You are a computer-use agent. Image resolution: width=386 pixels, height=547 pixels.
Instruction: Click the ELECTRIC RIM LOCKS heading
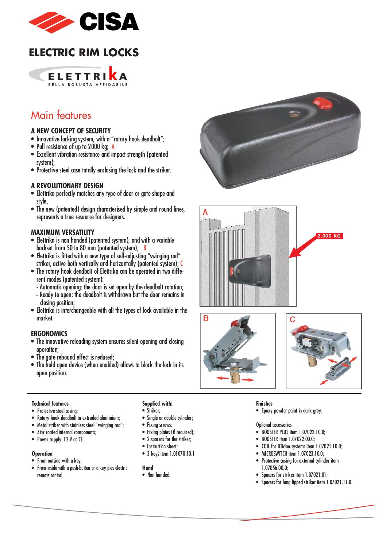tap(84, 53)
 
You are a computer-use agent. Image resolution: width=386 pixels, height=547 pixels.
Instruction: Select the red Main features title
tap(61, 115)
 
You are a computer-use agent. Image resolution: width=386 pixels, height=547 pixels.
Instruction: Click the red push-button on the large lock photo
tap(323, 103)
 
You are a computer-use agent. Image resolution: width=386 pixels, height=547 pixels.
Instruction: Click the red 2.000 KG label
tap(329, 236)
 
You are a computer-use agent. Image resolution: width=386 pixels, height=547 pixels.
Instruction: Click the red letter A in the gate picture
tap(205, 212)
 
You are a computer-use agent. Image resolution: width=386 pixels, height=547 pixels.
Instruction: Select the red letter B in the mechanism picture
tap(206, 319)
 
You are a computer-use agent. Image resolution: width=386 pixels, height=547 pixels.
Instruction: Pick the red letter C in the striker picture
tap(292, 319)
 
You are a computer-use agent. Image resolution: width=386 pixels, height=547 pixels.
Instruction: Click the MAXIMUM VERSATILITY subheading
tap(63, 232)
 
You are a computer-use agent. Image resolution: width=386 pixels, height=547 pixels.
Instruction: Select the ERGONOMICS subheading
tap(49, 334)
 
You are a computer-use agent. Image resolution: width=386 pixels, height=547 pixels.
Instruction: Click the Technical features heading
tap(50, 403)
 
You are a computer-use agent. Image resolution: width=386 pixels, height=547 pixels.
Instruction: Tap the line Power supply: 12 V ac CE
tap(60, 439)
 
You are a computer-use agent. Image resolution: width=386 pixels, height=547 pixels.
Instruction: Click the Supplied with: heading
tap(157, 403)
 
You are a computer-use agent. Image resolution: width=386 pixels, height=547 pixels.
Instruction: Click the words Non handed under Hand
tap(159, 475)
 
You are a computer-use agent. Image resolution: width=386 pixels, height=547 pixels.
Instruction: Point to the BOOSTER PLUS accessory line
tap(293, 432)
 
